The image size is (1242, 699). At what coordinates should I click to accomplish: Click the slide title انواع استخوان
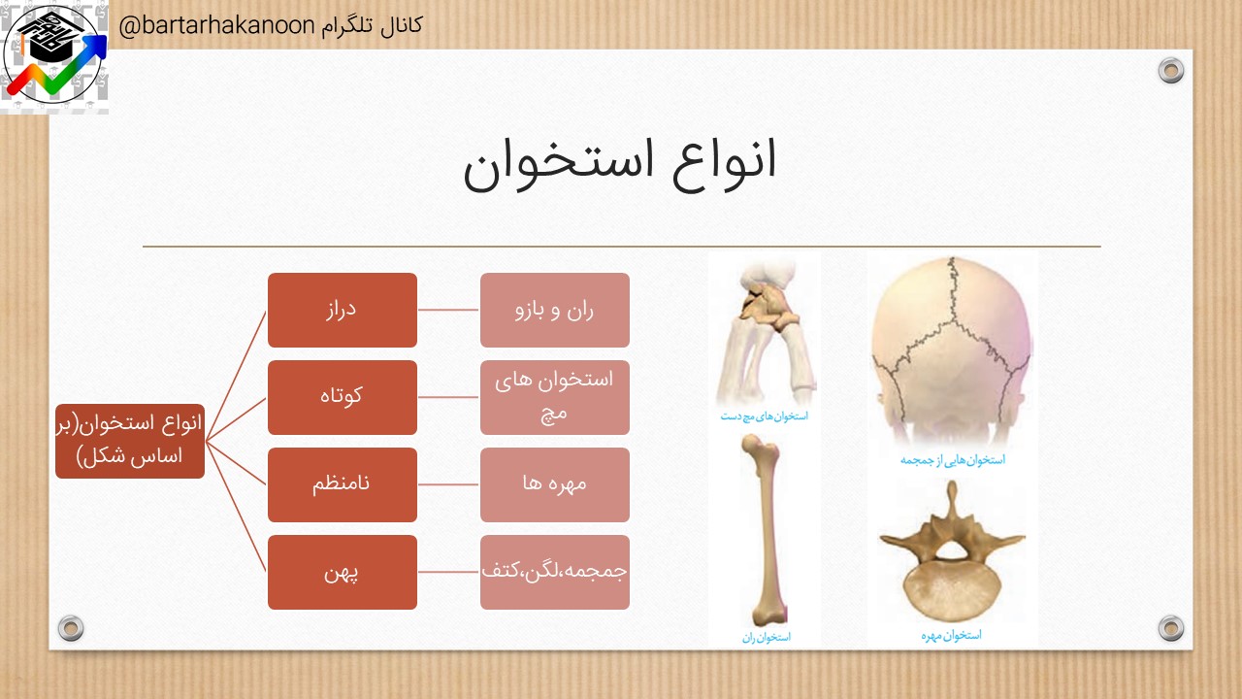pos(619,165)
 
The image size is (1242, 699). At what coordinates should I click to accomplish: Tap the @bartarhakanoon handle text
pos(216,25)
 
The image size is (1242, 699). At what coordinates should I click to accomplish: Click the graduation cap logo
pos(54,56)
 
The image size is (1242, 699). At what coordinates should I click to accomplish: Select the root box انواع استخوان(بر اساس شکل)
pos(130,441)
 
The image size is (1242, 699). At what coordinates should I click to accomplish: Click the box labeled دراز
pos(343,310)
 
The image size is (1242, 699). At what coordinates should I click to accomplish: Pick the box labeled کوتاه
pos(343,397)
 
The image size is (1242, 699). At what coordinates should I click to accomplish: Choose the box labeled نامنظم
pos(343,484)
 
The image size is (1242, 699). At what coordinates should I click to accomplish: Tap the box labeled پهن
pos(343,573)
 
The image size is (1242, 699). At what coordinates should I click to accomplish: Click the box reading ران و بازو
pos(554,310)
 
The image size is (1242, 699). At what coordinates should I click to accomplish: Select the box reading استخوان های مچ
pos(554,397)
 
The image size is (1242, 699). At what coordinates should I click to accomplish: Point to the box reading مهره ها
pos(554,484)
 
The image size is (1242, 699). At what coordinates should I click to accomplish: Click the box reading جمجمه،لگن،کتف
pos(554,573)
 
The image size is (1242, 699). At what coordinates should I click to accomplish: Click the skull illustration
pos(952,350)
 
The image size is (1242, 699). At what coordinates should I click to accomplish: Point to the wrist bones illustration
pos(767,333)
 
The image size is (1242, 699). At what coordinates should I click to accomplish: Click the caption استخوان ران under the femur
pos(767,638)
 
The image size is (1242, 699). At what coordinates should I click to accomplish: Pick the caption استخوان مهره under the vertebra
pos(952,635)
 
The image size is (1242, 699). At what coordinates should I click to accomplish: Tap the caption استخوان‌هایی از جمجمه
pos(953,460)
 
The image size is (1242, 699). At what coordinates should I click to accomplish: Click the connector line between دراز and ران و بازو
pos(448,310)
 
